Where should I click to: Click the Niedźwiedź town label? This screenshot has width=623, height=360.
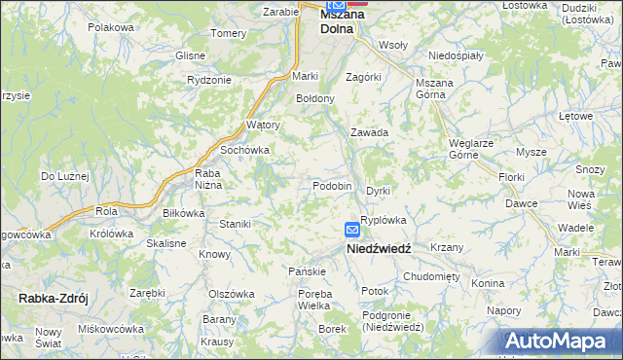380,248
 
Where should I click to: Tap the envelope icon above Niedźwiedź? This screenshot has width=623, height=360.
352,230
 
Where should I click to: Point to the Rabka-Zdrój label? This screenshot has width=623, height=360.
53,299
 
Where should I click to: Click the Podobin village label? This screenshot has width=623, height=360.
332,186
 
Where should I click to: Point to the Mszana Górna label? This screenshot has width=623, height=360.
434,89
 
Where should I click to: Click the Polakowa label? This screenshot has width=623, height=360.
110,27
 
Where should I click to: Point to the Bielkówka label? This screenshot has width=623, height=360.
183,212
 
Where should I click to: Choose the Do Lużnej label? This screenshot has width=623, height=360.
65,176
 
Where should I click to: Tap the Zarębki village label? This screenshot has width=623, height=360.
147,292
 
